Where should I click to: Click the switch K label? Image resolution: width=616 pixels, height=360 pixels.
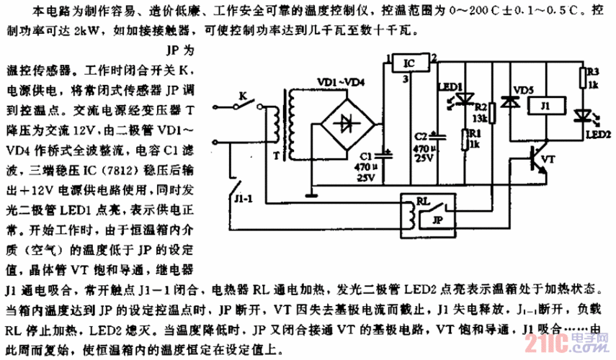coord(244,94)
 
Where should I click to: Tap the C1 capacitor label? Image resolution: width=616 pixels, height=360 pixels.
coord(365,155)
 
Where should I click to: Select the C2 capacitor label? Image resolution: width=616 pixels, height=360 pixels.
coord(421,135)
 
